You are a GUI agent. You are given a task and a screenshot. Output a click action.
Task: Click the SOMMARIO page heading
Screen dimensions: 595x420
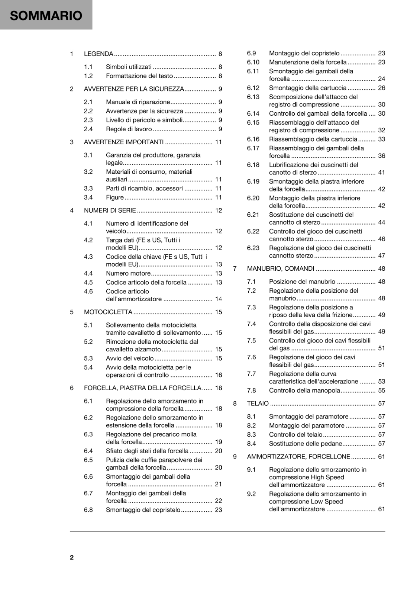tap(46, 16)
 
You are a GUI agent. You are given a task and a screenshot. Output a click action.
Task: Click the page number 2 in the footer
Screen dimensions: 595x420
tap(72, 557)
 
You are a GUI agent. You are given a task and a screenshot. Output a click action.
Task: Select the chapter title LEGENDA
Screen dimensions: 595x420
tap(98, 54)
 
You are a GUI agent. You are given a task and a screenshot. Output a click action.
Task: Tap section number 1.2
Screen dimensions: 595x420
tap(88, 76)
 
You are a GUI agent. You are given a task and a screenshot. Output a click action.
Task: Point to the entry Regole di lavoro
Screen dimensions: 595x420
tap(129, 129)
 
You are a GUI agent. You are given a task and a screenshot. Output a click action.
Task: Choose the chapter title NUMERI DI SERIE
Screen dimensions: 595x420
tap(110, 210)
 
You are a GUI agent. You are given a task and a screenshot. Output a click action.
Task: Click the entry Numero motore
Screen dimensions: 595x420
tap(128, 273)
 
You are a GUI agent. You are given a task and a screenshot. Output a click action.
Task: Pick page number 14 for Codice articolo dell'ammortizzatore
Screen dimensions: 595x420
tap(219, 299)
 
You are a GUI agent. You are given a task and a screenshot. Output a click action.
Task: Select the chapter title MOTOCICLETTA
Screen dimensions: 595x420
tap(108, 312)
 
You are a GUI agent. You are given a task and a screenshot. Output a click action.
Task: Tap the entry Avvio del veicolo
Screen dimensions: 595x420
tap(129, 358)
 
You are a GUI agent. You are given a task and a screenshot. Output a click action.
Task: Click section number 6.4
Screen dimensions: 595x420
tap(88, 451)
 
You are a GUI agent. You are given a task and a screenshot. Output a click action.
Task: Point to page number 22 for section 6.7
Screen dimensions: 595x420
tap(219, 501)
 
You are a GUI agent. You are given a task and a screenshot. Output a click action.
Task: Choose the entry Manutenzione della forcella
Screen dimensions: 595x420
tap(307, 62)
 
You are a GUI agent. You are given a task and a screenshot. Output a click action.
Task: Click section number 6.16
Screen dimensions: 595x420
tap(253, 139)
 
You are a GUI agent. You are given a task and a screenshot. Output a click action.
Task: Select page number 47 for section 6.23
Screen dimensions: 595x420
tap(382, 255)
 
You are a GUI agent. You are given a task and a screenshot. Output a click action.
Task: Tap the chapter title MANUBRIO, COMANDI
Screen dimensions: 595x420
tap(280, 268)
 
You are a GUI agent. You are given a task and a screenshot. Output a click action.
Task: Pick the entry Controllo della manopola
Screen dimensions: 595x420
tap(304, 390)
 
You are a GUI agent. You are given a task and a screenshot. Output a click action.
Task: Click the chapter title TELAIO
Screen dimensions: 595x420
tap(258, 403)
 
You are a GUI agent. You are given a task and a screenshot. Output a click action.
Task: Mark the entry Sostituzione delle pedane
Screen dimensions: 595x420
tap(305, 444)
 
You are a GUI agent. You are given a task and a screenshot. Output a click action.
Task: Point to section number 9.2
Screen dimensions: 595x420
tap(251, 494)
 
